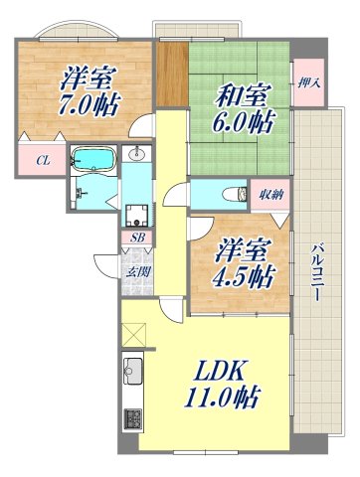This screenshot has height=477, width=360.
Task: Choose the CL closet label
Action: tap(43, 159)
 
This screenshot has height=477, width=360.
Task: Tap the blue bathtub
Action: tap(94, 159)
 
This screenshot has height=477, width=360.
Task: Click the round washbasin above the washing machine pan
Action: tap(137, 155)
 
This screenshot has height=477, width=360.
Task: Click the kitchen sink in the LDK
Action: tap(133, 377)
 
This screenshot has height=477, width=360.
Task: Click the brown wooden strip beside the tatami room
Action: tap(171, 74)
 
